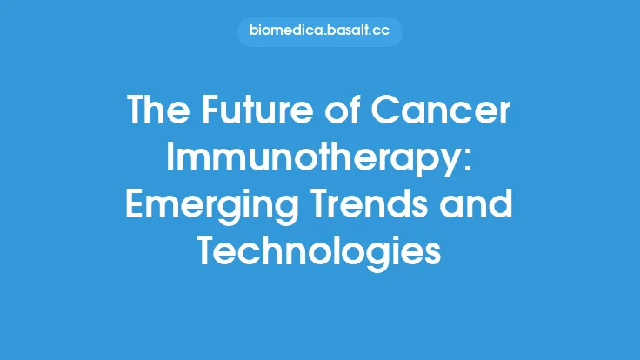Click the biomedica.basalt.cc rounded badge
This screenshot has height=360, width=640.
click(x=320, y=32)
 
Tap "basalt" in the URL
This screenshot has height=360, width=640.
click(x=349, y=32)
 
